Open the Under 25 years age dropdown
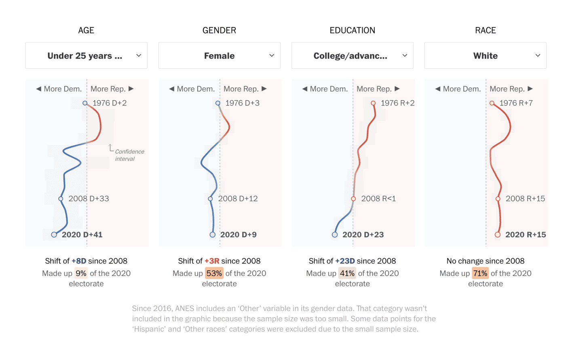tap(86, 56)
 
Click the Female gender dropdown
tap(219, 56)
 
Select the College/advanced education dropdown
tap(352, 56)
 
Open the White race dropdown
tap(485, 56)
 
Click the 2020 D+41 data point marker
tap(54, 235)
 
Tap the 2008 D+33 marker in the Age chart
tap(61, 199)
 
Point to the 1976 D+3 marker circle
tap(218, 103)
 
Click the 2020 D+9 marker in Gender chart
tap(213, 235)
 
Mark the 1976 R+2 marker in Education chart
tap(373, 103)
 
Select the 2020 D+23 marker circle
tap(335, 235)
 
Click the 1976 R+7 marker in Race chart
tap(492, 103)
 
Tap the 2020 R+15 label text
tap(525, 235)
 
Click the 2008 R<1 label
tap(378, 199)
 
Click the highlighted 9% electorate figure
tap(81, 274)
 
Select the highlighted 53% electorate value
tap(214, 274)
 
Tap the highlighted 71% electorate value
tap(480, 274)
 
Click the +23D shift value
tap(345, 261)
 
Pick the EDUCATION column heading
tap(352, 30)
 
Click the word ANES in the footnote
tap(186, 309)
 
